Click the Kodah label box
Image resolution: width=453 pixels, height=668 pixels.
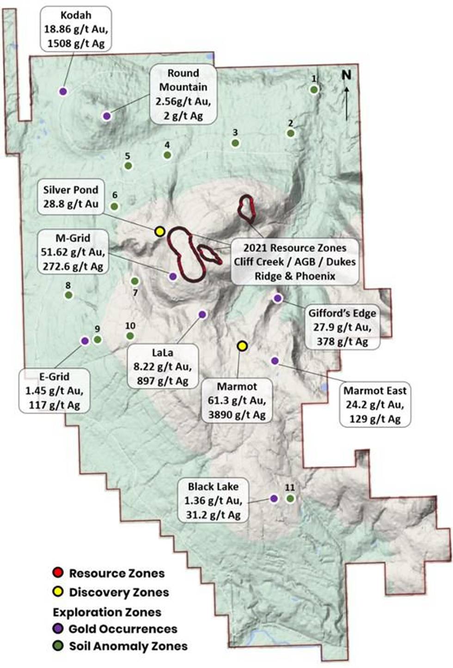point(76,29)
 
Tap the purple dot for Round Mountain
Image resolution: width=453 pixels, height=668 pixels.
point(107,116)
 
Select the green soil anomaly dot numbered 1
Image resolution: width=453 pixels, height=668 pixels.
point(314,90)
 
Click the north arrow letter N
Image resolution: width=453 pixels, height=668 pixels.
point(346,75)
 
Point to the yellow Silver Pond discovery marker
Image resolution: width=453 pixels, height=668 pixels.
point(160,232)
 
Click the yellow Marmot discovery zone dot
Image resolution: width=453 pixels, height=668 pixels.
point(242,346)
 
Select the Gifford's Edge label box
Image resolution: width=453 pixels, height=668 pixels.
point(342,327)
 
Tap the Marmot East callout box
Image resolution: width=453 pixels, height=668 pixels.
point(375,404)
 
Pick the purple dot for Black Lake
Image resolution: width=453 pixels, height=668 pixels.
point(274,498)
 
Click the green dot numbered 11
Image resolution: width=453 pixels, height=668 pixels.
point(290,498)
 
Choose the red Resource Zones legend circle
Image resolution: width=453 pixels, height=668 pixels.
point(58,573)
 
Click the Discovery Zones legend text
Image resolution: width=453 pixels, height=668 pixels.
point(119,592)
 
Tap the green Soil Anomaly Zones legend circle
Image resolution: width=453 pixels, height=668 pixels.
point(58,646)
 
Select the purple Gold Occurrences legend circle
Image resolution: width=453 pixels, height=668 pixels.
point(58,628)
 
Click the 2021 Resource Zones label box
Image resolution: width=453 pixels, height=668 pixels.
point(295,262)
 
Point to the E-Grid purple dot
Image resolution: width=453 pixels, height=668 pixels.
point(85,341)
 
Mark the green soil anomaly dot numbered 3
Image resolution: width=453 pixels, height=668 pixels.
point(235,143)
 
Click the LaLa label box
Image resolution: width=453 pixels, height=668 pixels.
point(163,367)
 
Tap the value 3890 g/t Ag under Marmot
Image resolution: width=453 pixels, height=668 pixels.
point(237,415)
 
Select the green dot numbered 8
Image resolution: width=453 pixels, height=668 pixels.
point(68,295)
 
